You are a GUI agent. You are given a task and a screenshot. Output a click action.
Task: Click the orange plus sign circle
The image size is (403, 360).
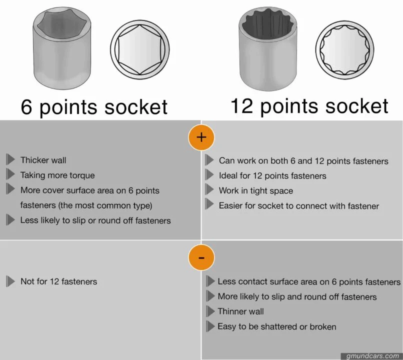201,137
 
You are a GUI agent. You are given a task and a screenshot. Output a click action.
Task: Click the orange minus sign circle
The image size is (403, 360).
201,258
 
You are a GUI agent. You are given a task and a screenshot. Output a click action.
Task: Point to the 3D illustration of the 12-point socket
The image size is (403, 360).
270,51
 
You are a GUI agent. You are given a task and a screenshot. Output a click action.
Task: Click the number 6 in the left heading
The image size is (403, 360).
27,107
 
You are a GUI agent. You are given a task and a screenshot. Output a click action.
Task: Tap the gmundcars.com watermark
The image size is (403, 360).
372,356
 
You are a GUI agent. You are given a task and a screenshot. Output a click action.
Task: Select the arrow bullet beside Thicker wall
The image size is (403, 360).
10,160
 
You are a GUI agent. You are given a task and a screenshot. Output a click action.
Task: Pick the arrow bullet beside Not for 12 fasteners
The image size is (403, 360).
10,281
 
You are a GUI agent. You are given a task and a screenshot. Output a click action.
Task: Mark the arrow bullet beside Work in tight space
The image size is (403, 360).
210,190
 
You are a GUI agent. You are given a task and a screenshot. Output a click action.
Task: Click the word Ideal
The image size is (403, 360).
228,175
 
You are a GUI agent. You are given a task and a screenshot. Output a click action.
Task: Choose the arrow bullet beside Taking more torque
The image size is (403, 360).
10,175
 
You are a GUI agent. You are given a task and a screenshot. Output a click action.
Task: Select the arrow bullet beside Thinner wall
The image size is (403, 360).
210,311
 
